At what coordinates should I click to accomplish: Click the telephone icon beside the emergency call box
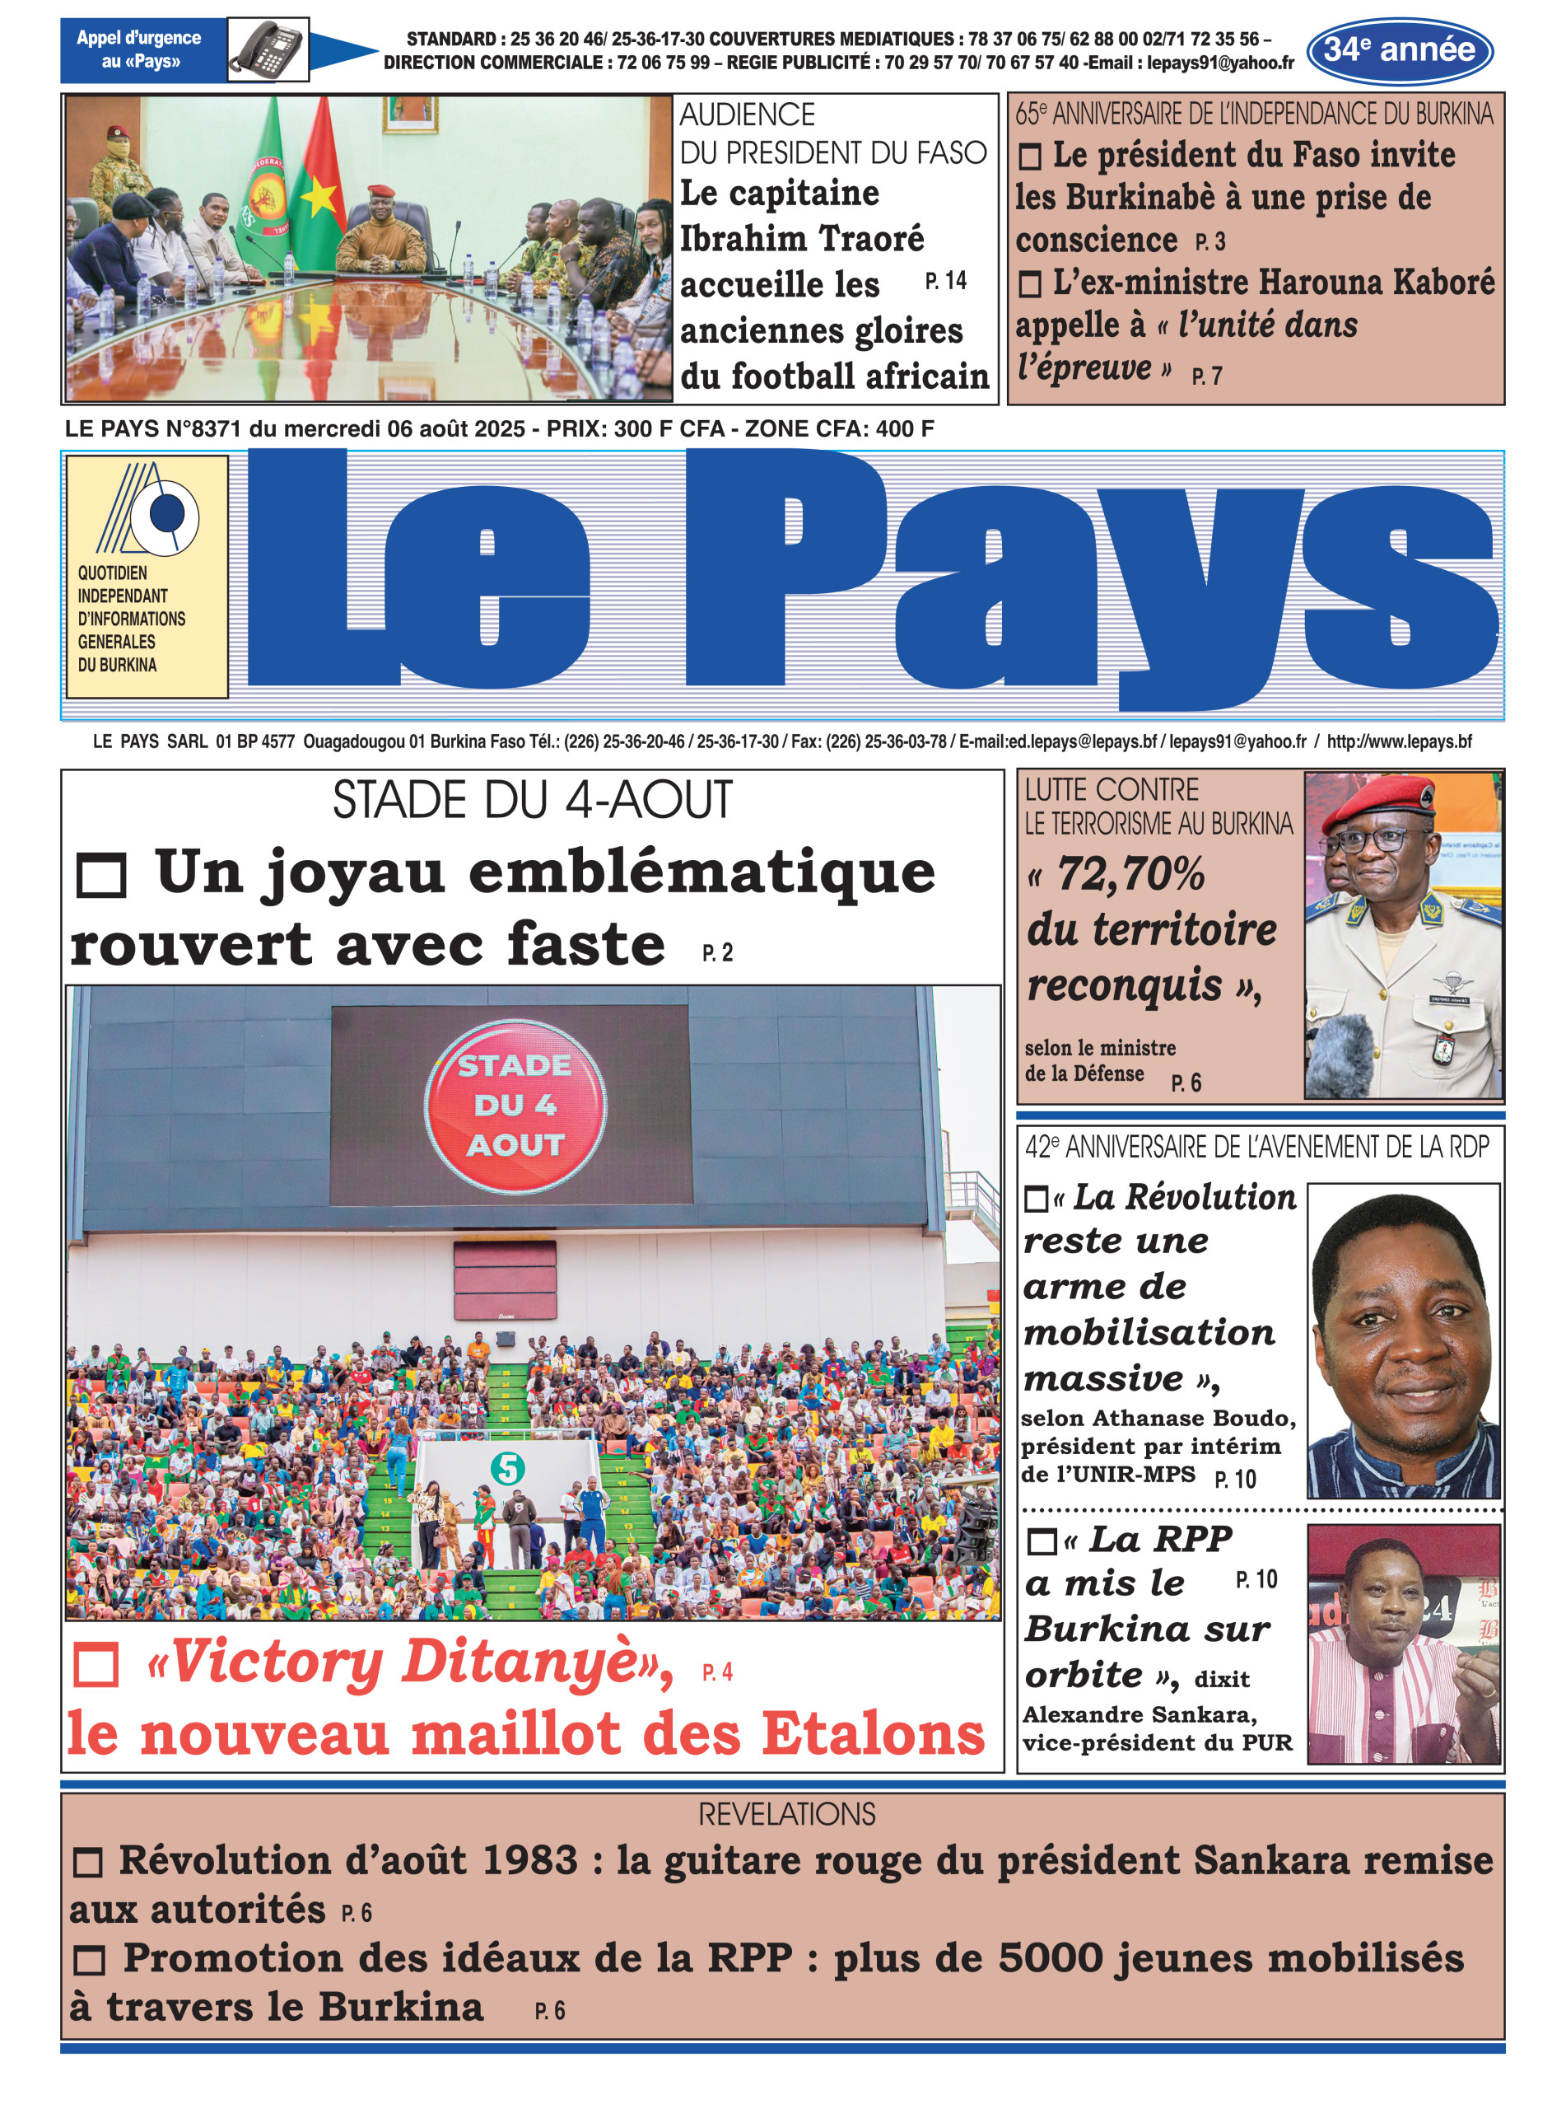[x=268, y=49]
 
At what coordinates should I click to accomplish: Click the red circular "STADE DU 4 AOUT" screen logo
[x=515, y=1105]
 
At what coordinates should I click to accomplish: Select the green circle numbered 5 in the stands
[x=507, y=1469]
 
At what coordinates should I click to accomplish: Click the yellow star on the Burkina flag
[x=319, y=197]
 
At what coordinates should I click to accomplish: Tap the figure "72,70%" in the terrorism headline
[x=1129, y=873]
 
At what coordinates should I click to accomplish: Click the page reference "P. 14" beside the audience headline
[x=945, y=281]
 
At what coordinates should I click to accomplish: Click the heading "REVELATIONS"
[x=787, y=1815]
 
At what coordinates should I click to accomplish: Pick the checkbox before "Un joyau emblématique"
[x=100, y=874]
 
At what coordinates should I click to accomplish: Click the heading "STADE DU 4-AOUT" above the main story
[x=532, y=799]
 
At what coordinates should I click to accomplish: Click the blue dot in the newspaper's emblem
[x=169, y=514]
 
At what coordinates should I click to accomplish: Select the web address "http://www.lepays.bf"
[x=1398, y=741]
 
